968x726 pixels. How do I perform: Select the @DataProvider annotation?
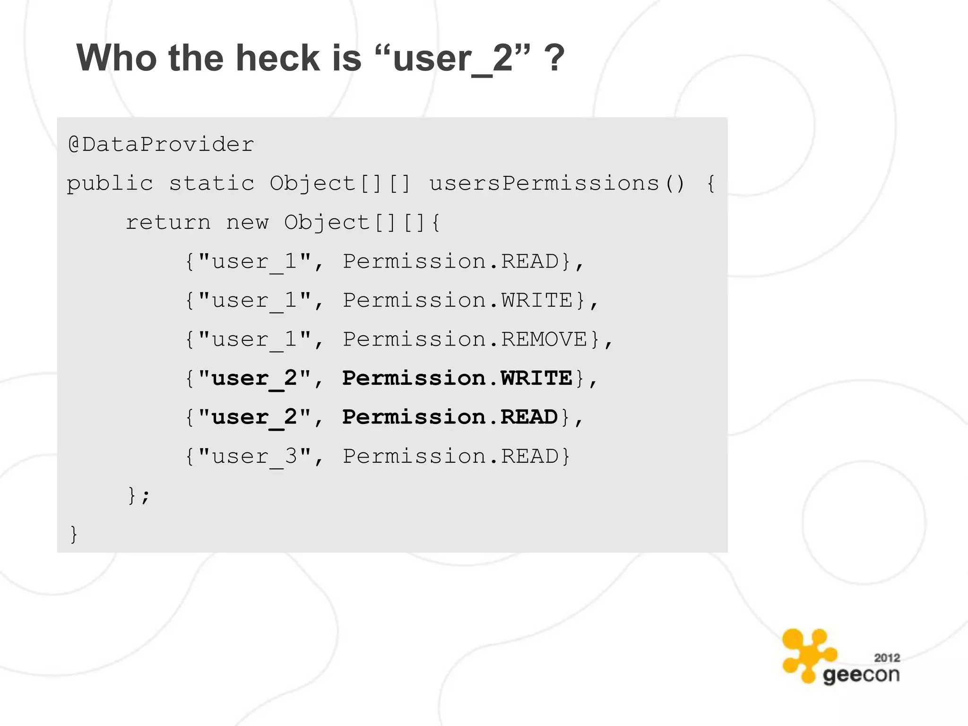[161, 144]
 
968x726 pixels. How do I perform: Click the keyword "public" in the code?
[110, 183]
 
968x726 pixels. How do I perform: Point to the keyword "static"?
[212, 183]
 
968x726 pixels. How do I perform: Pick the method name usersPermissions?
[544, 183]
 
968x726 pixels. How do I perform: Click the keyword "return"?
[168, 222]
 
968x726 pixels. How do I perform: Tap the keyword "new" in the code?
[247, 222]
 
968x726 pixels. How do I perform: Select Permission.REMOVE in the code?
[465, 339]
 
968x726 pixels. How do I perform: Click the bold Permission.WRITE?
[457, 378]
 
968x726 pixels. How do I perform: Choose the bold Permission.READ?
[450, 417]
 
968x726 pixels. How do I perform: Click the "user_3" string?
[255, 456]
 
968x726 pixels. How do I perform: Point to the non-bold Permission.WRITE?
[457, 301]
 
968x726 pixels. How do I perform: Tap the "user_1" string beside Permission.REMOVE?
[255, 339]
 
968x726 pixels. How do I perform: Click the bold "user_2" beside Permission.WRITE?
[255, 378]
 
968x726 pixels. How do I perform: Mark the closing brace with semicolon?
[138, 495]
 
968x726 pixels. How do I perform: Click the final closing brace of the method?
[74, 534]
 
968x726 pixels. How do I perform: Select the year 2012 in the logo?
[887, 657]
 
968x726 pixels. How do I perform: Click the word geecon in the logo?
[861, 675]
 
